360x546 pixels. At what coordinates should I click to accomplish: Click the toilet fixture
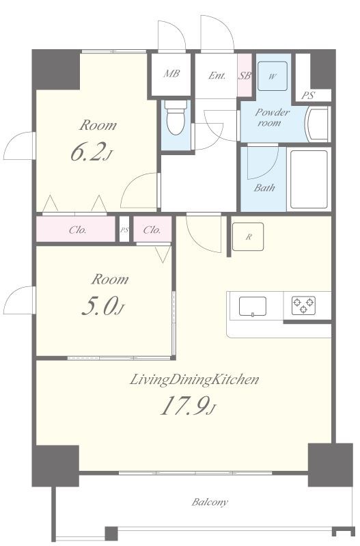click(176, 118)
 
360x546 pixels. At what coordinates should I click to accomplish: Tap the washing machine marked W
click(273, 77)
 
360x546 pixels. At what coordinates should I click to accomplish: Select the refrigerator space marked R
click(248, 237)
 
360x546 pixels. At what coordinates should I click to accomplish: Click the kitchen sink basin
click(253, 306)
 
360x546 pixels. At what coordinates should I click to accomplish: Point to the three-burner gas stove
click(303, 305)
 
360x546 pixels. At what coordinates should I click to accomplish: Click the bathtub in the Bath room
click(309, 179)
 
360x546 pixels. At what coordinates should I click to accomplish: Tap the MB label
click(171, 74)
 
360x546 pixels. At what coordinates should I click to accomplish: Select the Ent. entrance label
click(217, 75)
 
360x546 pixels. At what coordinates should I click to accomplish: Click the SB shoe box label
click(245, 75)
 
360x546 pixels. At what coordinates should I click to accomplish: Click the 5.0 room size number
click(102, 306)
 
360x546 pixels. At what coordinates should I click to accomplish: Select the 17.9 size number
click(188, 406)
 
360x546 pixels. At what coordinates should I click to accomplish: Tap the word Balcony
click(210, 502)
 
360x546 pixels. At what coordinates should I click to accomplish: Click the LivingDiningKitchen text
click(194, 379)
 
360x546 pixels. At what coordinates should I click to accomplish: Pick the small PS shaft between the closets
click(124, 229)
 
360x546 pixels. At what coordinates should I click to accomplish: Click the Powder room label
click(272, 118)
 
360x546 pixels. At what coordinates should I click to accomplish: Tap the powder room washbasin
click(317, 124)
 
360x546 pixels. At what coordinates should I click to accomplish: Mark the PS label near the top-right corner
click(308, 95)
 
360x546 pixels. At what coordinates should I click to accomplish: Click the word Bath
click(264, 188)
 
